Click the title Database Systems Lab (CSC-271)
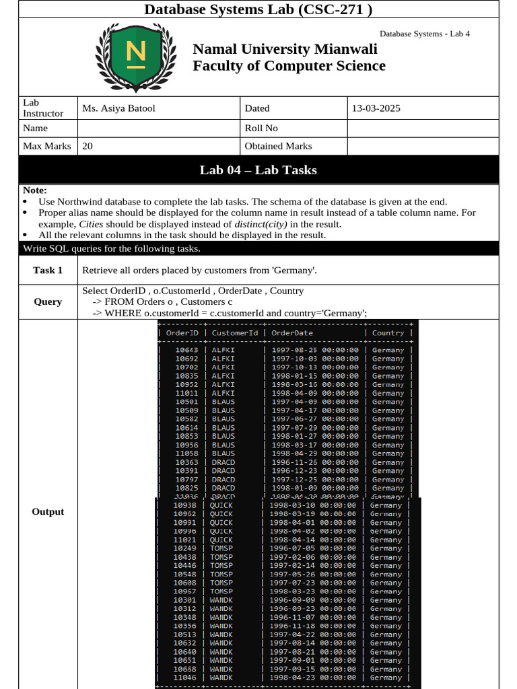pyautogui.click(x=258, y=9)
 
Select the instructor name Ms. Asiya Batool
pyautogui.click(x=118, y=108)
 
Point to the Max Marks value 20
pyautogui.click(x=88, y=146)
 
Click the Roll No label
pyautogui.click(x=261, y=128)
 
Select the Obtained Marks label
pyautogui.click(x=278, y=146)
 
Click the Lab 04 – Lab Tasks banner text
pyautogui.click(x=258, y=170)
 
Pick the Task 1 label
pyautogui.click(x=48, y=270)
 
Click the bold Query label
pyautogui.click(x=48, y=302)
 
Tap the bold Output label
pyautogui.click(x=48, y=512)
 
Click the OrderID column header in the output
pyautogui.click(x=182, y=333)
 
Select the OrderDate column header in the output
pyautogui.click(x=292, y=333)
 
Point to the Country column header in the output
pyautogui.click(x=388, y=333)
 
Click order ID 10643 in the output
pyautogui.click(x=186, y=350)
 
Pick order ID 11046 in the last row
pyautogui.click(x=184, y=678)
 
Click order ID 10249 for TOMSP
pyautogui.click(x=184, y=549)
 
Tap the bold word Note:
pyautogui.click(x=35, y=191)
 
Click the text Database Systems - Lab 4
pyautogui.click(x=424, y=34)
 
